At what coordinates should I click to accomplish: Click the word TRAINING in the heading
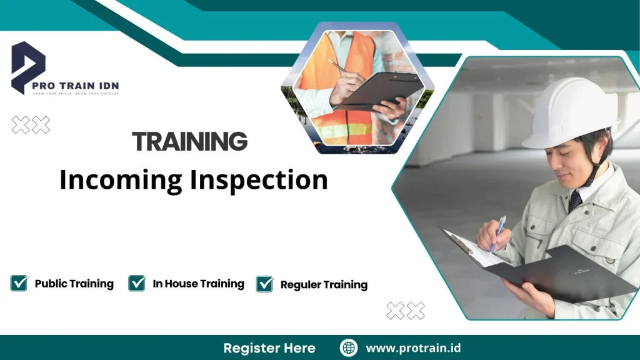click(190, 142)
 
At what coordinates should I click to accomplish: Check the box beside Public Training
click(19, 283)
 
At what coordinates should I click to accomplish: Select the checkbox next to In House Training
click(137, 283)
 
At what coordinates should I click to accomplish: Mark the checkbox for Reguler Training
click(265, 284)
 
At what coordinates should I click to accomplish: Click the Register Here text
click(269, 348)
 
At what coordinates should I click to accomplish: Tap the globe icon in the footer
click(348, 347)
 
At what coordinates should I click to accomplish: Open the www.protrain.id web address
click(413, 348)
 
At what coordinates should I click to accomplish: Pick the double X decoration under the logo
click(31, 125)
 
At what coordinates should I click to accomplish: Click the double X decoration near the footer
click(405, 310)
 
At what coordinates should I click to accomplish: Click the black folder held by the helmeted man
click(562, 275)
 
